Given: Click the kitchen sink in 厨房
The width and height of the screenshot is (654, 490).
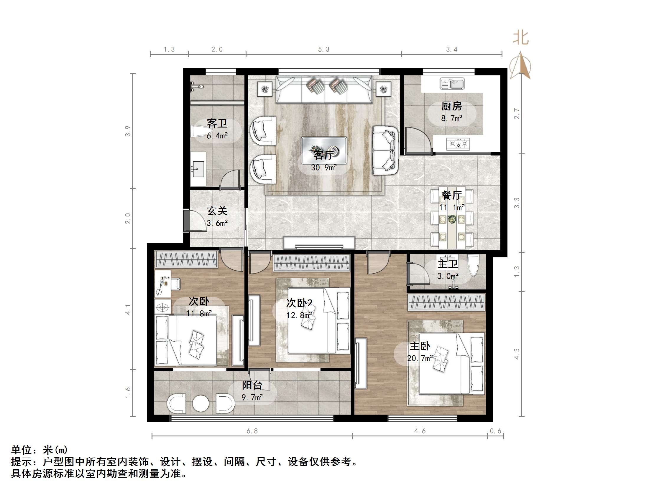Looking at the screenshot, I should click(x=452, y=84).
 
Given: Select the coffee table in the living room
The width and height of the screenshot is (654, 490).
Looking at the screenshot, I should click(x=324, y=150).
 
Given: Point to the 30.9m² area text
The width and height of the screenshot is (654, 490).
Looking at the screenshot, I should click(x=324, y=168).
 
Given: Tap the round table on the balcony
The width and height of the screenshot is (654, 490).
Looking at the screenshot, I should click(x=201, y=403).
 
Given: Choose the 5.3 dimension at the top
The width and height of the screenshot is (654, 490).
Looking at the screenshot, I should click(x=323, y=50).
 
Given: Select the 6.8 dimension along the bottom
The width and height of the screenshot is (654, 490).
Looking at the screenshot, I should click(x=252, y=431).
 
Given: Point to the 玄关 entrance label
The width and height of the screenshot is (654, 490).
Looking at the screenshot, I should click(x=217, y=211).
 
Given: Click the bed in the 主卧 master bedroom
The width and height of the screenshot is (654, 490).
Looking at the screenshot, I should click(x=451, y=364).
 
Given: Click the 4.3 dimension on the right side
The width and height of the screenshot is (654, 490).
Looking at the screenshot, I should click(x=517, y=354).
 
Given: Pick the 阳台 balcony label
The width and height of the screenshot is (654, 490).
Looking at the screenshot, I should click(x=252, y=385).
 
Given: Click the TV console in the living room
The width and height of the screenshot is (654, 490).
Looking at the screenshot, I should click(x=319, y=243).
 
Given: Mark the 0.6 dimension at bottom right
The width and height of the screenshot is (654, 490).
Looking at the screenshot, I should click(x=496, y=431).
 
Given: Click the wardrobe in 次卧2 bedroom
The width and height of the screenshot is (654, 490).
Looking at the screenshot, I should click(x=311, y=263).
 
